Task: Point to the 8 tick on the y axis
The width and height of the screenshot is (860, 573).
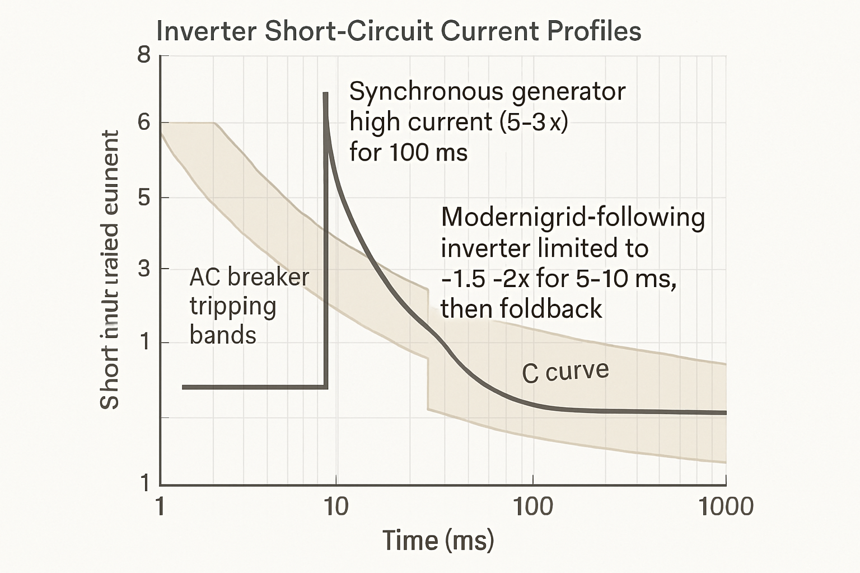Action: (x=144, y=55)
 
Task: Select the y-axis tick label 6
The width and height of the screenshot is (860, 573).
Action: (x=144, y=122)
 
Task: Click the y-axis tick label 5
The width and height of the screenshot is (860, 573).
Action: (x=144, y=198)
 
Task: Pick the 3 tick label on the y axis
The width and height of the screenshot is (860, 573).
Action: (x=144, y=269)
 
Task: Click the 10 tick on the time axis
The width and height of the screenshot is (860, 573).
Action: (x=335, y=506)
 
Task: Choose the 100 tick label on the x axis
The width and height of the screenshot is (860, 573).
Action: (x=532, y=506)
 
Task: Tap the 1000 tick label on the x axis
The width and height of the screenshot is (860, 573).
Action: (x=726, y=506)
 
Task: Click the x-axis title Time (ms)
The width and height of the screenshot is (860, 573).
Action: (x=438, y=541)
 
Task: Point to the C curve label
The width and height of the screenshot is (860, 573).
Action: (x=565, y=372)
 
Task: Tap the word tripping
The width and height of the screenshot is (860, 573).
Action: (x=233, y=307)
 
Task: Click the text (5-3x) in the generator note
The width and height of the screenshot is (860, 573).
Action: (x=532, y=121)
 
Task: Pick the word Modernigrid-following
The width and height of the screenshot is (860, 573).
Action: (x=573, y=217)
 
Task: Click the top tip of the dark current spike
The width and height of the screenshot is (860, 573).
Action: (x=325, y=94)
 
